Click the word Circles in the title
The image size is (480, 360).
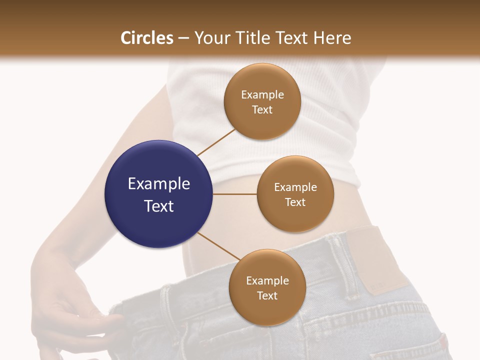click(147, 38)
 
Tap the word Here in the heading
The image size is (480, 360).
click(332, 38)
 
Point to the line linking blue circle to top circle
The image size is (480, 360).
click(216, 142)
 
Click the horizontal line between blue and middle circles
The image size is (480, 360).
click(234, 194)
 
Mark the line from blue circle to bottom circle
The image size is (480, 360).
click(219, 246)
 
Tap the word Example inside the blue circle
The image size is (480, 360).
click(159, 184)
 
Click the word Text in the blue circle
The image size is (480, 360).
click(159, 206)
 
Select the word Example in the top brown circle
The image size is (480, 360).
click(262, 95)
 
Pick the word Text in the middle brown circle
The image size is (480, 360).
click(295, 202)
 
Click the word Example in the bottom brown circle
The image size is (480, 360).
click(267, 281)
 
